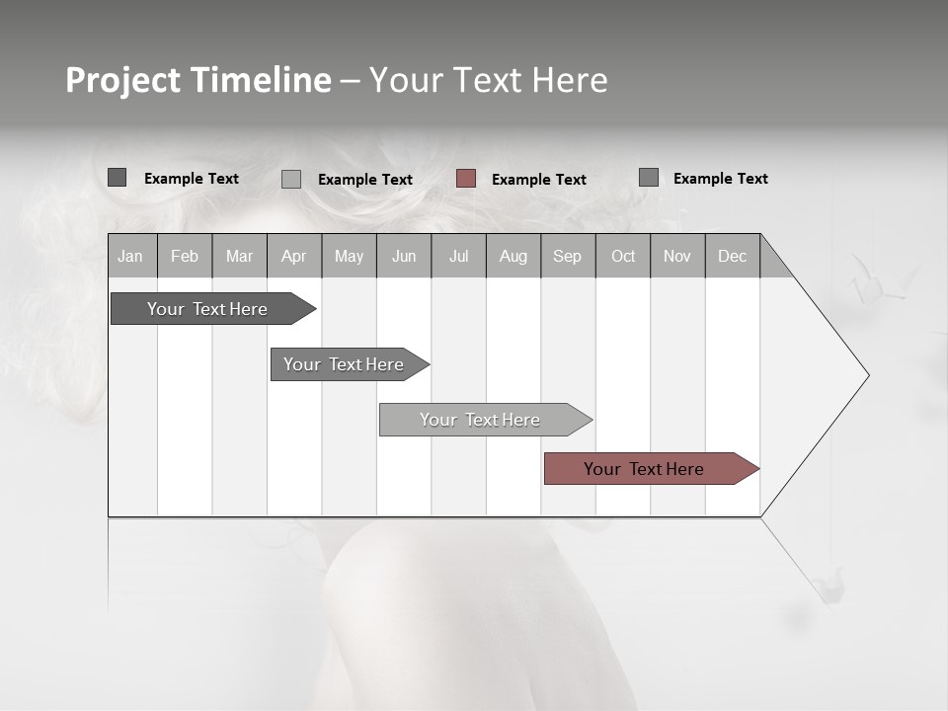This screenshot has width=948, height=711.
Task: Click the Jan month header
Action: (130, 256)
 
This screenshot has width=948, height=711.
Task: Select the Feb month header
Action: (185, 256)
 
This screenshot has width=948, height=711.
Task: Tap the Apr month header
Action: (293, 256)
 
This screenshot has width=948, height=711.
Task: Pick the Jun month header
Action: (404, 256)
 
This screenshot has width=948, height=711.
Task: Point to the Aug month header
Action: (513, 256)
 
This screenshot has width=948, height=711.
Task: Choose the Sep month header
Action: (567, 256)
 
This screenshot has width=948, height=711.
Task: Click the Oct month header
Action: (623, 256)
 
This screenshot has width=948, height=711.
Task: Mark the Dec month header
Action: (732, 256)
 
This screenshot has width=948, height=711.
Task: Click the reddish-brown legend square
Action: (466, 179)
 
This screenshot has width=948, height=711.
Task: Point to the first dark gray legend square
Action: (118, 178)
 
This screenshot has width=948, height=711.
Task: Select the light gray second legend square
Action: (291, 179)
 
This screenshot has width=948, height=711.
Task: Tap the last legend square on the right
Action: (649, 178)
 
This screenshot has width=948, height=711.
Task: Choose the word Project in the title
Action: (123, 80)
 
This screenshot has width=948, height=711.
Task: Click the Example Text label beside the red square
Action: (539, 180)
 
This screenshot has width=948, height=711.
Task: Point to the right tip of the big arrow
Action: (867, 375)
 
